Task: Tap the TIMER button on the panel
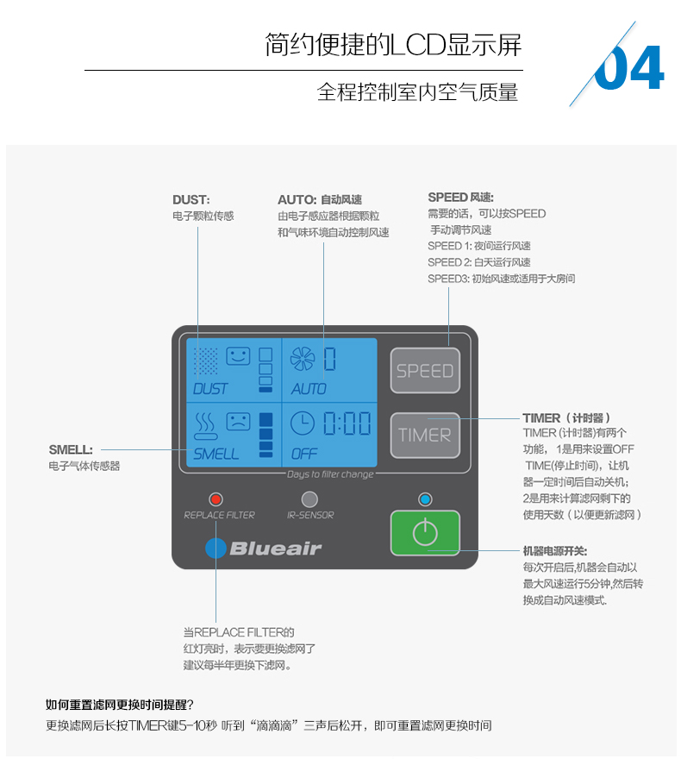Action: coord(425,435)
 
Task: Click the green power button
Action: coord(425,533)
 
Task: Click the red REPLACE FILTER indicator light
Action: coord(216,499)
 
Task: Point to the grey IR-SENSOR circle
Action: coord(309,499)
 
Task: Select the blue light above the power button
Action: coord(424,499)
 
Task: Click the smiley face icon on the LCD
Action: coord(238,355)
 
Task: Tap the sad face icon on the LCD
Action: coord(238,422)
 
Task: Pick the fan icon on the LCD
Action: coord(303,358)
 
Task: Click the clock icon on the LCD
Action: coord(303,423)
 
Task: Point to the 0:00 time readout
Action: coord(347,423)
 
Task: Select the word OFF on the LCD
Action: coord(303,454)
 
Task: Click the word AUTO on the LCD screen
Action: coord(309,389)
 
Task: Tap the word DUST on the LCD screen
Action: coord(210,389)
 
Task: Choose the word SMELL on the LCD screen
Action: coord(216,454)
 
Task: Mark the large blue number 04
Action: coord(630,69)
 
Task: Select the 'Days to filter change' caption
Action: coord(330,474)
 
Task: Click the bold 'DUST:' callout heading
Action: coord(191,199)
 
